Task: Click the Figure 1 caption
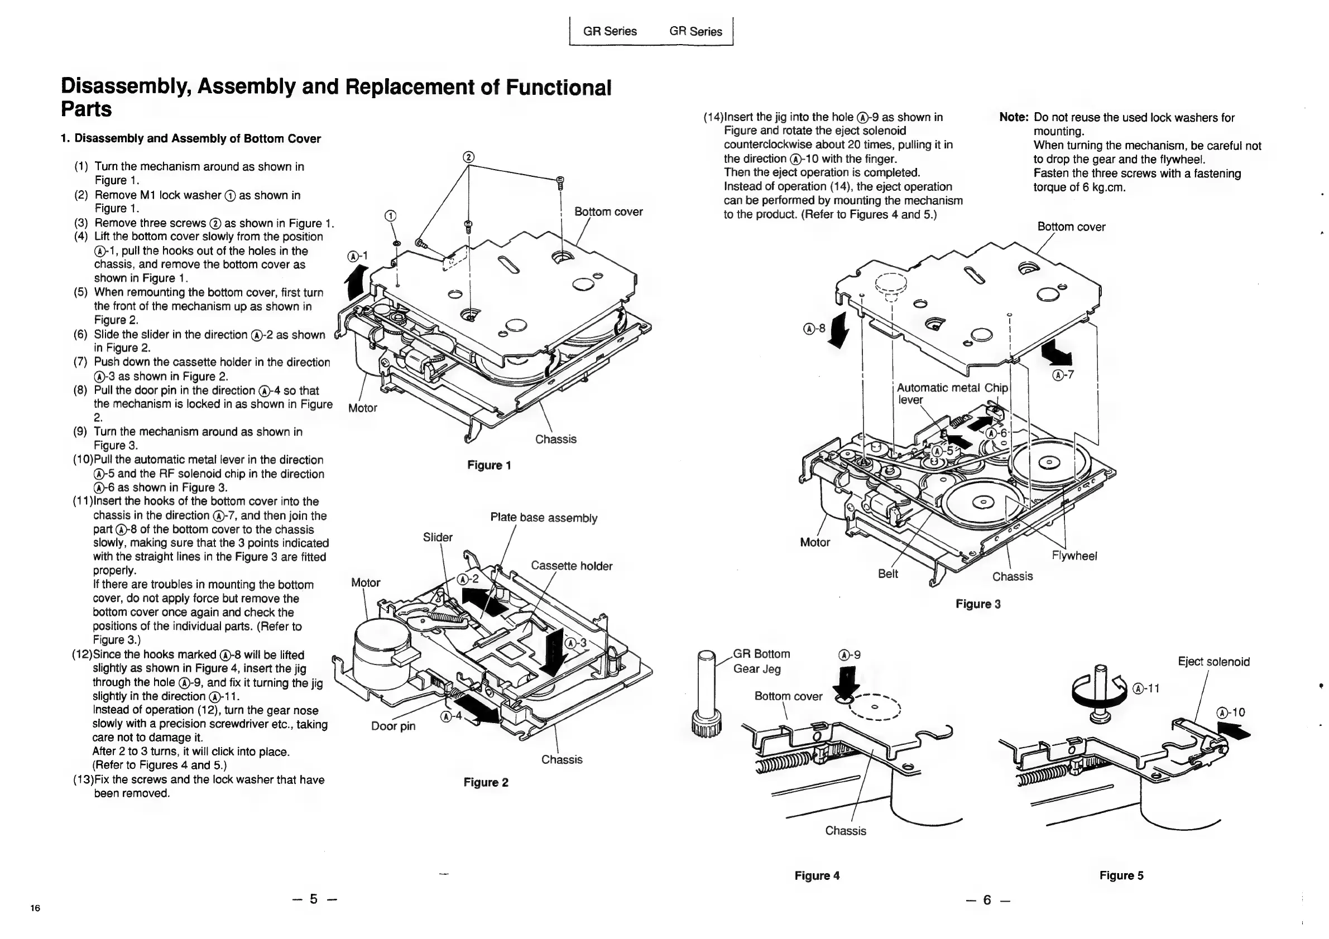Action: click(489, 465)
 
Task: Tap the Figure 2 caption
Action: click(486, 782)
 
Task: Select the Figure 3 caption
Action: click(978, 604)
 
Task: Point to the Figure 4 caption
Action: click(817, 875)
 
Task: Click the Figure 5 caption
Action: click(1121, 875)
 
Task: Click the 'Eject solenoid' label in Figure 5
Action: click(1213, 661)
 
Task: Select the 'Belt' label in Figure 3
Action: click(888, 574)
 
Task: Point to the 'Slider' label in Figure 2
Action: click(438, 537)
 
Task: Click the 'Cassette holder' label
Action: click(572, 566)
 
